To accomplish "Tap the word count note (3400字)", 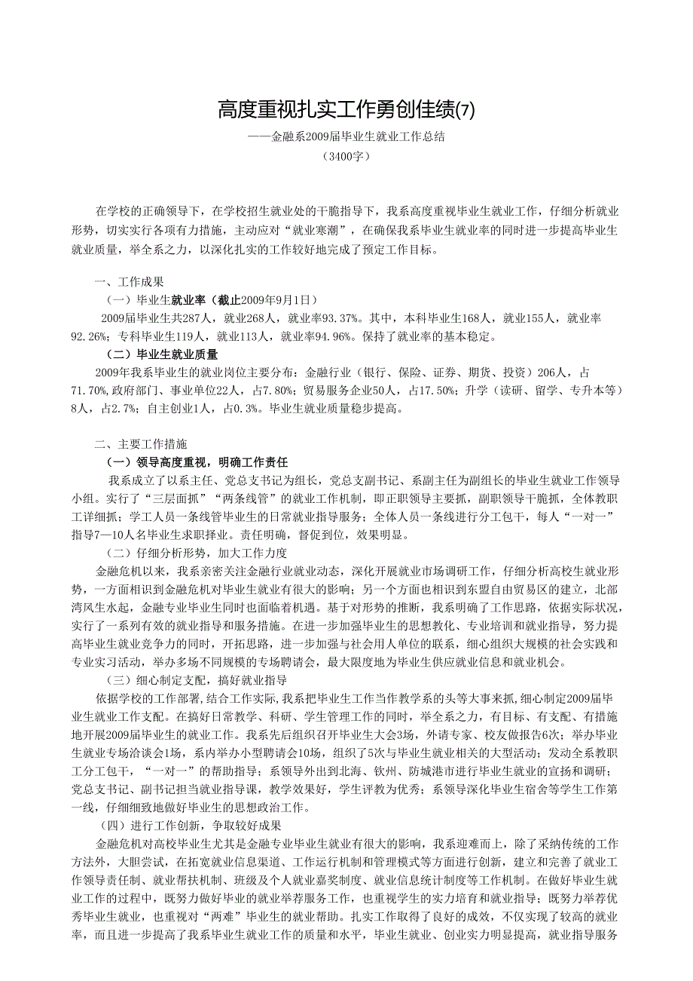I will click(346, 157).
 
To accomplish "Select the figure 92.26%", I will click(89, 336).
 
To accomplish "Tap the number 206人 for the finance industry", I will click(552, 372).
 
